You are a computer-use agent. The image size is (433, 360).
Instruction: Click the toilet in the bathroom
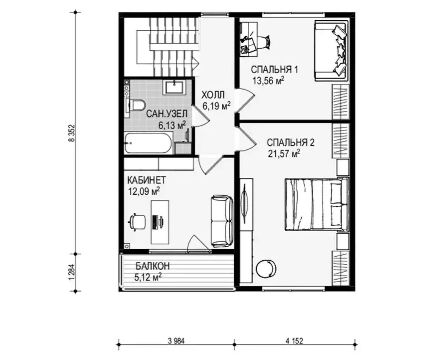[x=136, y=105]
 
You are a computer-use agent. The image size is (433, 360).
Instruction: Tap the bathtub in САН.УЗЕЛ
[x=149, y=143]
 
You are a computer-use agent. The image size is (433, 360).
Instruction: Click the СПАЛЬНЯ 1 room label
[x=274, y=70]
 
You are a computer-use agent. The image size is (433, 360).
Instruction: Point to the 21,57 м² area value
[x=284, y=154]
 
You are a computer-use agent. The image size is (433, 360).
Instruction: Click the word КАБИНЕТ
[x=147, y=180]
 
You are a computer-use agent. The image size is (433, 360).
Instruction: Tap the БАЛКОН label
[x=152, y=266]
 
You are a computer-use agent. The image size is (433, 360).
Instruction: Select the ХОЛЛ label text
[x=213, y=95]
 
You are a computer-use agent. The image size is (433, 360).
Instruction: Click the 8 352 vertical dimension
[x=72, y=133]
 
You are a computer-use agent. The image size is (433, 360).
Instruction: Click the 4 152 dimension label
[x=294, y=341]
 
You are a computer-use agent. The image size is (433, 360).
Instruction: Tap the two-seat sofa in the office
[x=222, y=221]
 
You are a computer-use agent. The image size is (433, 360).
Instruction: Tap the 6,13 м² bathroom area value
[x=172, y=125]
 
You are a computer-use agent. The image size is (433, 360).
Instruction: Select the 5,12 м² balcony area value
[x=148, y=277]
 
